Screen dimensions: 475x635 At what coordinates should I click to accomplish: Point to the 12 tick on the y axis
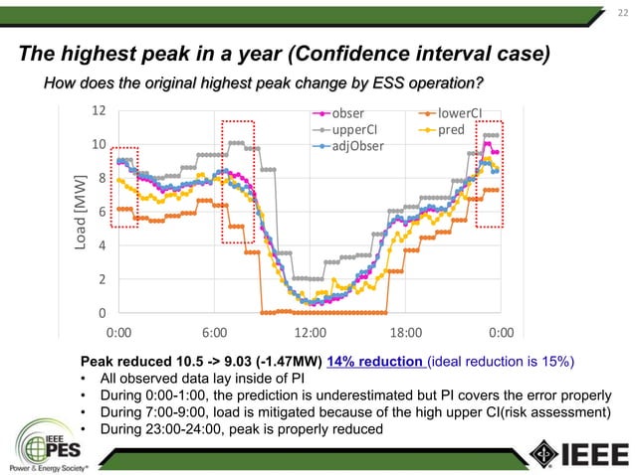coord(99,109)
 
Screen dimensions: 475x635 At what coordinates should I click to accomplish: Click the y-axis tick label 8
coord(103,178)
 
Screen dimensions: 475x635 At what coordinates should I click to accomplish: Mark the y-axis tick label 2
coord(103,279)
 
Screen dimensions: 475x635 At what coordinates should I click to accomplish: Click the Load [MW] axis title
coord(80,211)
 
